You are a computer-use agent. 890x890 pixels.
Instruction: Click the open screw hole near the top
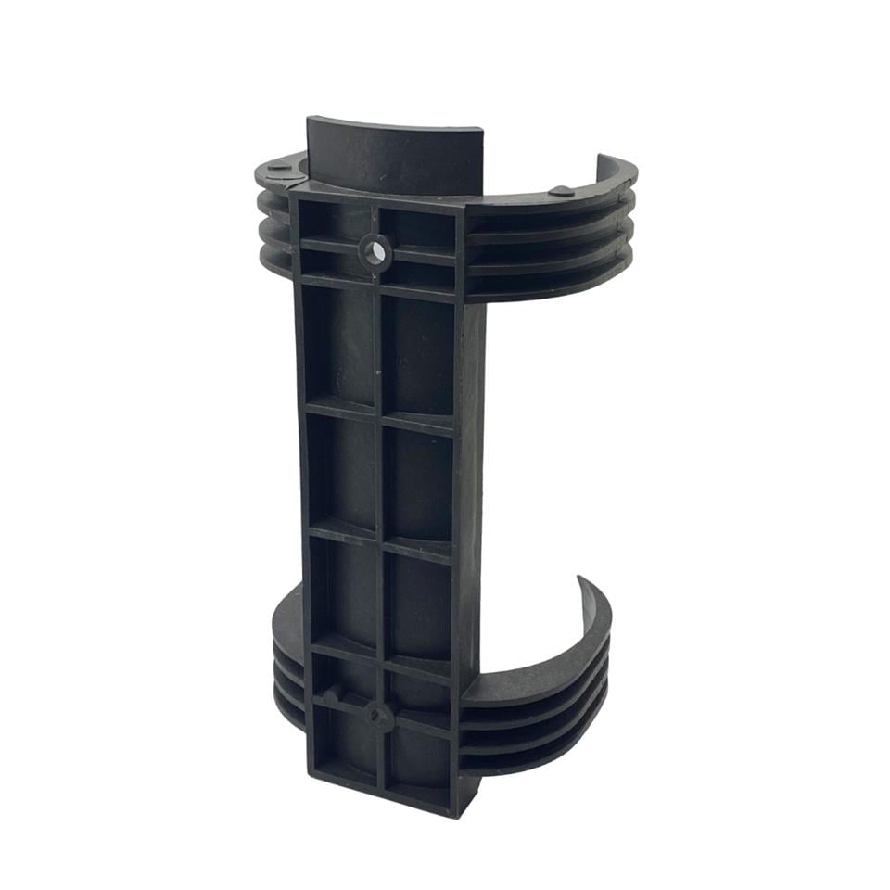click(375, 251)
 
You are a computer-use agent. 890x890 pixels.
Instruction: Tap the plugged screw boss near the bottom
click(378, 716)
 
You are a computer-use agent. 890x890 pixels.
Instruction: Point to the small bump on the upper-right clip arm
click(562, 191)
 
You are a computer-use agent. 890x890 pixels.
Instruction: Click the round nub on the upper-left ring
click(278, 169)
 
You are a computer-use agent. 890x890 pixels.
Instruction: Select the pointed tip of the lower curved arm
click(581, 579)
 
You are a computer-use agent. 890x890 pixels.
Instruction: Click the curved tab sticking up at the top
click(394, 153)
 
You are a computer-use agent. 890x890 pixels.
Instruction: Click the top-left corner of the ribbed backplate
click(292, 193)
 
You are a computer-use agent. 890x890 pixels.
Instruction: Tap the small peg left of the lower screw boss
click(330, 693)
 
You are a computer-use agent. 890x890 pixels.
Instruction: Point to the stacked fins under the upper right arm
click(547, 250)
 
